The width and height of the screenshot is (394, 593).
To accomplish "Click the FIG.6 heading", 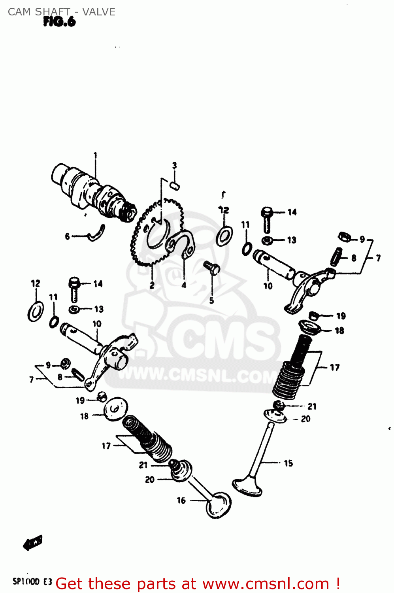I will (x=59, y=22).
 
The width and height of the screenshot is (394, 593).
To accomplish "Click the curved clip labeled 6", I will (x=97, y=233).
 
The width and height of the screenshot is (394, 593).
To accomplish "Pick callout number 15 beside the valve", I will (x=288, y=463).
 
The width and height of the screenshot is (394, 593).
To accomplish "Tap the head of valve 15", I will (x=247, y=486).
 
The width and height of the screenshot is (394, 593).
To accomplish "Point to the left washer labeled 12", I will (x=36, y=311).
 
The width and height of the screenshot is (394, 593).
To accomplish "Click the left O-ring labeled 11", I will (x=54, y=322).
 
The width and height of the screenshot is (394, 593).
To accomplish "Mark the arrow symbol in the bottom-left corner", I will (x=32, y=543).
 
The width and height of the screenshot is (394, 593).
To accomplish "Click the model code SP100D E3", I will (x=32, y=582).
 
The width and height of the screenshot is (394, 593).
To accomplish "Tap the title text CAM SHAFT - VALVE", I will (x=62, y=12).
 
